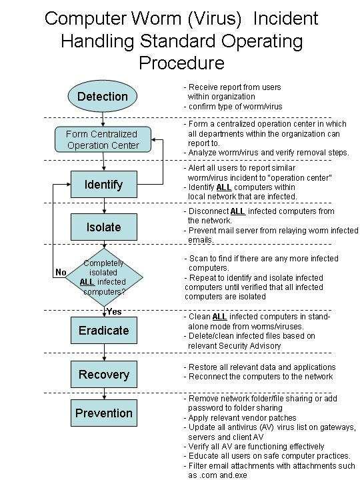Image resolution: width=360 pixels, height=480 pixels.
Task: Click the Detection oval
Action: pos(103,97)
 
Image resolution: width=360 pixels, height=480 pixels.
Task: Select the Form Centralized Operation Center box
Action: pos(103,139)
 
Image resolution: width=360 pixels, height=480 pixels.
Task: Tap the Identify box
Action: pos(104,184)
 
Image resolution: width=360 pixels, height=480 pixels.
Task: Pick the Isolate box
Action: pos(104,227)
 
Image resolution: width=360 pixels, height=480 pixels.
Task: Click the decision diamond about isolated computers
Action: pos(104,277)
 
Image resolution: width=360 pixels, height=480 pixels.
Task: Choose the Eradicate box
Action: pos(104,330)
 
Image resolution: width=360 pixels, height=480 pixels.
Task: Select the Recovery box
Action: pos(104,374)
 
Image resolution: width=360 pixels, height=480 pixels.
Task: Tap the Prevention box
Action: pos(104,413)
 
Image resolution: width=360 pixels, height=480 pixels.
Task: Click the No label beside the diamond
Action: pos(61,272)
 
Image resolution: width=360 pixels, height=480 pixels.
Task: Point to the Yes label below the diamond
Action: pos(114,311)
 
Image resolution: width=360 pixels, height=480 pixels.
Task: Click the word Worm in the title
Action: pos(157,19)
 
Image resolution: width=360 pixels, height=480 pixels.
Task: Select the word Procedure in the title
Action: pos(182,63)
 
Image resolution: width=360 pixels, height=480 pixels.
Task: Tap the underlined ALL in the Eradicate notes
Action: pos(219,317)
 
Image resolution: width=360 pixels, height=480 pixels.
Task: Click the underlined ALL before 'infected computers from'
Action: pos(238,211)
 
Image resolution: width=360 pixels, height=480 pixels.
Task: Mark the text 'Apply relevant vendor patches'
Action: pos(243,418)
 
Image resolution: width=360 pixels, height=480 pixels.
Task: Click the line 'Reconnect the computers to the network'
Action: pos(261,377)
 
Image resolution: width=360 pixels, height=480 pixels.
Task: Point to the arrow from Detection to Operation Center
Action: pos(103,119)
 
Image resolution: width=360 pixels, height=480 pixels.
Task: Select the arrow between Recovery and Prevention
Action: pos(104,394)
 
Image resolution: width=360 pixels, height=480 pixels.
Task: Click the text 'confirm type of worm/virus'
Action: pos(235,107)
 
